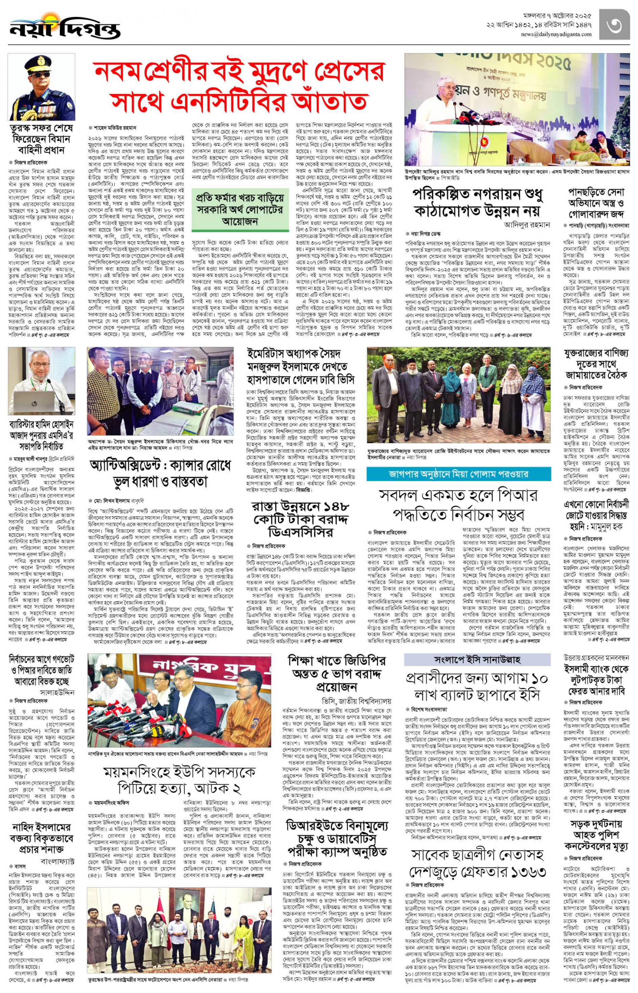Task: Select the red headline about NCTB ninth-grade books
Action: (x=239, y=86)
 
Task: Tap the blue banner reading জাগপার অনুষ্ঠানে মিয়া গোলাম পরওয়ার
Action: (x=459, y=474)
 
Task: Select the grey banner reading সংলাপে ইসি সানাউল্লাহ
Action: (x=477, y=659)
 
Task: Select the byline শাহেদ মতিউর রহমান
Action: (x=115, y=128)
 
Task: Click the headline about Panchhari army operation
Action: (x=595, y=204)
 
